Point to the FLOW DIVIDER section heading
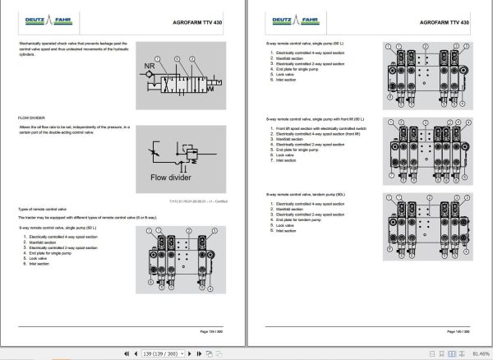point(32,118)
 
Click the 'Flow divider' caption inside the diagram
point(172,176)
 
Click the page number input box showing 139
point(159,354)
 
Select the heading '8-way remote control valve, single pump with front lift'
point(316,120)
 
